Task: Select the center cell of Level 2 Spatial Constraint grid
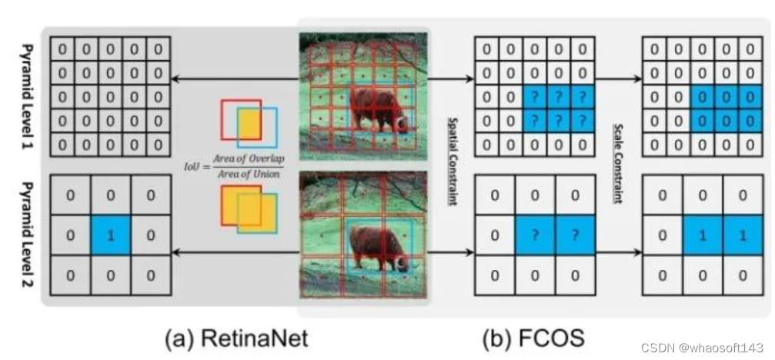point(535,235)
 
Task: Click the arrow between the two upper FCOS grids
point(619,78)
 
